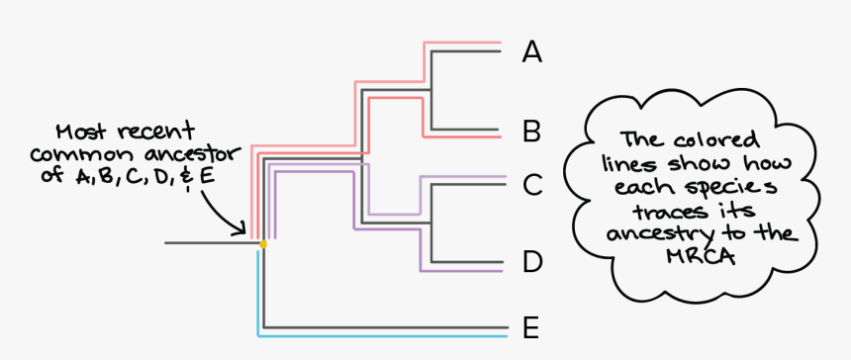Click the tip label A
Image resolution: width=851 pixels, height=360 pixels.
pos(532,51)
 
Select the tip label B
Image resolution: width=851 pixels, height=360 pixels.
pos(532,131)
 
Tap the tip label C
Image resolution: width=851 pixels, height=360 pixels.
pos(532,184)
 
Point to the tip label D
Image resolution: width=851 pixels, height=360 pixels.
pos(532,263)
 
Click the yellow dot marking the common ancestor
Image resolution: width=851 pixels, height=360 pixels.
pos(262,243)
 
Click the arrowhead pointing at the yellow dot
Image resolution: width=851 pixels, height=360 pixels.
pos(240,230)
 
